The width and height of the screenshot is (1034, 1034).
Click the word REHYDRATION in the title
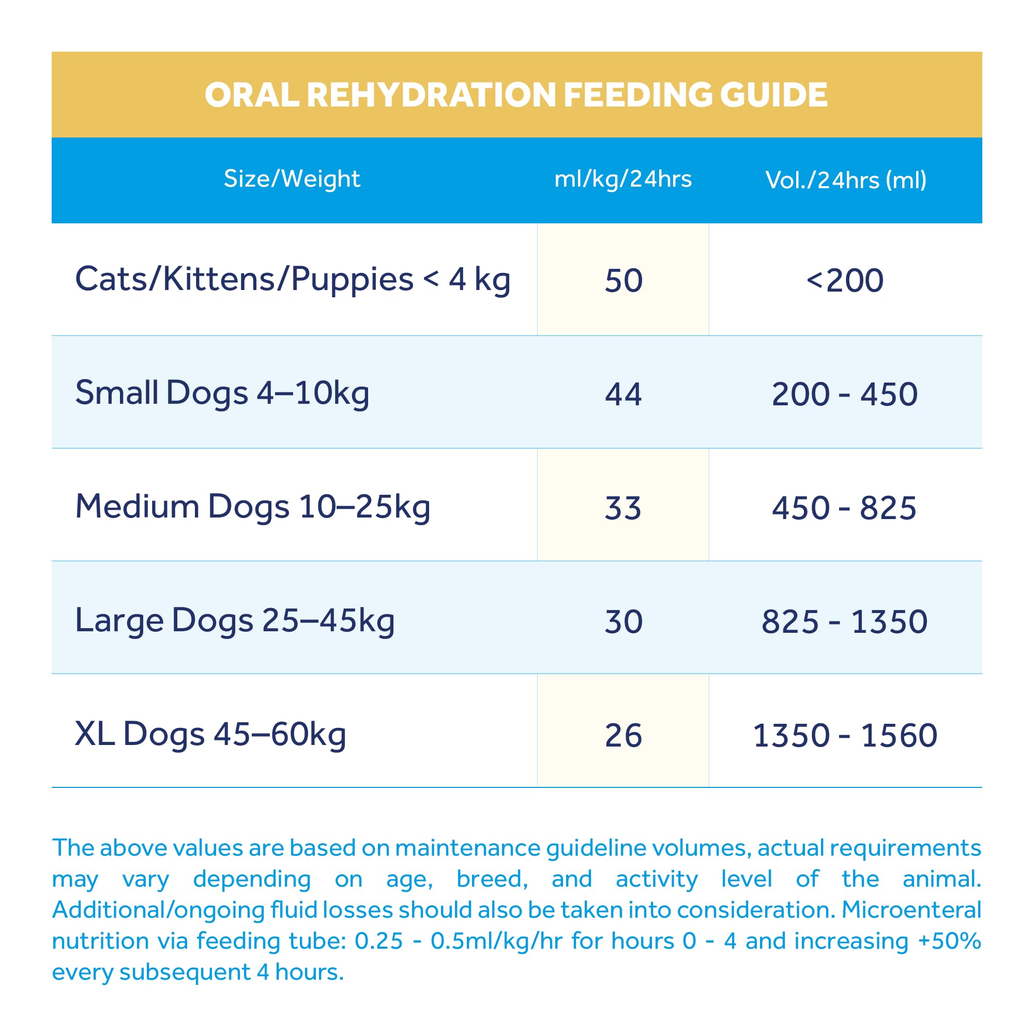pyautogui.click(x=431, y=95)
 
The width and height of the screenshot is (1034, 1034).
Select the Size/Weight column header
pyautogui.click(x=292, y=179)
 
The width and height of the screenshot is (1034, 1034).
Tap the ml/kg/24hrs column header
pyautogui.click(x=623, y=179)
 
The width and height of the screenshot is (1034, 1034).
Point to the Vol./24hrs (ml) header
pyautogui.click(x=846, y=180)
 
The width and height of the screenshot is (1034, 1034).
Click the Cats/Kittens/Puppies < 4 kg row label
pyautogui.click(x=293, y=279)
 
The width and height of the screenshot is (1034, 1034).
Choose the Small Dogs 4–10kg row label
pyautogui.click(x=222, y=393)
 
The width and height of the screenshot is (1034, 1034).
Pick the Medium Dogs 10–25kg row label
pyautogui.click(x=253, y=506)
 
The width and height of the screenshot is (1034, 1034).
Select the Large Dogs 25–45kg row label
pyautogui.click(x=235, y=620)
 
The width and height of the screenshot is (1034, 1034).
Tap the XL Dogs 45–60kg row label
pyautogui.click(x=210, y=734)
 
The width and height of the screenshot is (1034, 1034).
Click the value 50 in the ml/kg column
pyautogui.click(x=624, y=280)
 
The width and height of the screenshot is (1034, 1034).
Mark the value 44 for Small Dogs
pyautogui.click(x=624, y=394)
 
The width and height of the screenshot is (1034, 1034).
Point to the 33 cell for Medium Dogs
pyautogui.click(x=624, y=508)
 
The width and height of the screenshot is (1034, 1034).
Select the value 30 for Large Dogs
pyautogui.click(x=624, y=622)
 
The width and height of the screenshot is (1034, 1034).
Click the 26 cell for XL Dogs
pyautogui.click(x=624, y=735)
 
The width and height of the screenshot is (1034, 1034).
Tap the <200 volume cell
pyautogui.click(x=845, y=280)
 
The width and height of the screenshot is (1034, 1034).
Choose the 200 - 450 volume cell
pyautogui.click(x=845, y=394)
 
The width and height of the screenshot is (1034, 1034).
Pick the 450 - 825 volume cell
pyautogui.click(x=845, y=508)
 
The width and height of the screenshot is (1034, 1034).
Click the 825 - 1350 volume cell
pyautogui.click(x=845, y=622)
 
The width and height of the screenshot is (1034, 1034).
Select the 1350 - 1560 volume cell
pyautogui.click(x=845, y=735)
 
